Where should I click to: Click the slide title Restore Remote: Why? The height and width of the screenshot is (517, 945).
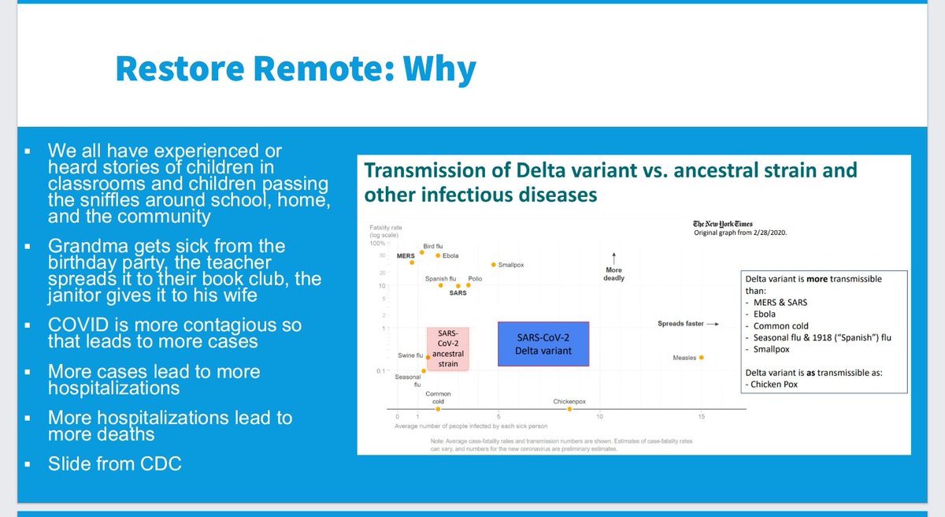pyautogui.click(x=295, y=69)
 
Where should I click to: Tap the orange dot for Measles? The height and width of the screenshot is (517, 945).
pyautogui.click(x=701, y=357)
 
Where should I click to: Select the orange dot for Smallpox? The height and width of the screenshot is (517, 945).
pyautogui.click(x=493, y=265)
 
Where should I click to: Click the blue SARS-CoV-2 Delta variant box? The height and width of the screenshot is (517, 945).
pyautogui.click(x=543, y=344)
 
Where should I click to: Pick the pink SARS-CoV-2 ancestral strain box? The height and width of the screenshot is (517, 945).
pyautogui.click(x=448, y=348)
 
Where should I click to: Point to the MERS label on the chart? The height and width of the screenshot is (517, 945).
pyautogui.click(x=406, y=255)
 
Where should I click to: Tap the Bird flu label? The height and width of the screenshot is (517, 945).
pyautogui.click(x=433, y=246)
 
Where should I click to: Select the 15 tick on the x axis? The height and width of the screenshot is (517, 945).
pyautogui.click(x=700, y=416)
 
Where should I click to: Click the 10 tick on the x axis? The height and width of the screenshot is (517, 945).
pyautogui.click(x=599, y=416)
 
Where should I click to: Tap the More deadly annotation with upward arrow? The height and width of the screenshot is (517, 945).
pyautogui.click(x=613, y=268)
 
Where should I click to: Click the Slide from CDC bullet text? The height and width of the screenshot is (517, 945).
pyautogui.click(x=114, y=463)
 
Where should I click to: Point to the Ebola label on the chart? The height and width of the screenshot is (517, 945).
pyautogui.click(x=450, y=255)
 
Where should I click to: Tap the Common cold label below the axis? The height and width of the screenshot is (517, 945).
pyautogui.click(x=438, y=396)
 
